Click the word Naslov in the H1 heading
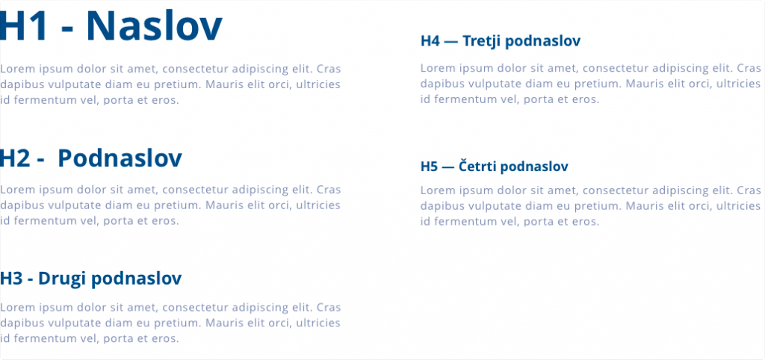click(154, 26)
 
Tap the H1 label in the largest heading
click(24, 26)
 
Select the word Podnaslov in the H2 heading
click(120, 158)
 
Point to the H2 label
click(16, 158)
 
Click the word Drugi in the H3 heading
click(62, 279)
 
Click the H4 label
click(430, 41)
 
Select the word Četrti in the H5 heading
click(477, 167)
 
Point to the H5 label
click(430, 167)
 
